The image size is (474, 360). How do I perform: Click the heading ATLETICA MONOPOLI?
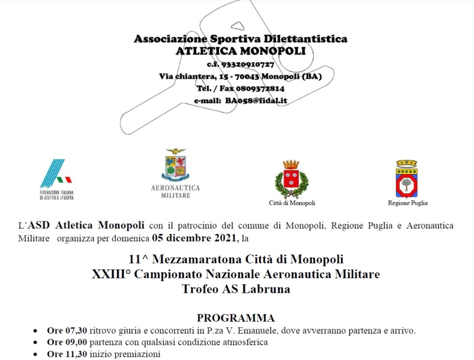(x=240, y=51)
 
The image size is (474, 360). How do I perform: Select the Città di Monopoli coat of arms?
(x=291, y=178)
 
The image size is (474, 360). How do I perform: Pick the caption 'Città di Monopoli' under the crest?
(x=292, y=203)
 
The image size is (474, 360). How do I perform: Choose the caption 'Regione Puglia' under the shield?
(x=407, y=203)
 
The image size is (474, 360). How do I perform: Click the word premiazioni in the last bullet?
(x=140, y=355)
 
